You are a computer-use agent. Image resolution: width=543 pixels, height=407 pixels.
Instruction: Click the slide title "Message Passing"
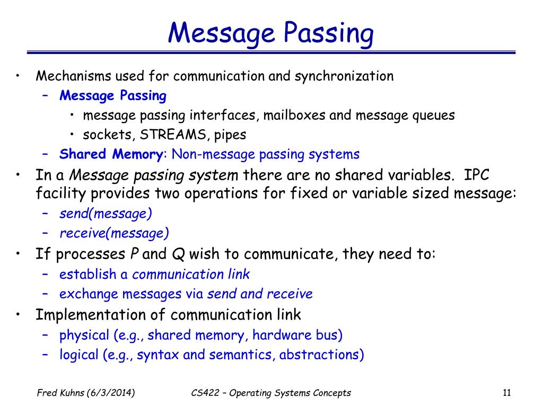click(271, 33)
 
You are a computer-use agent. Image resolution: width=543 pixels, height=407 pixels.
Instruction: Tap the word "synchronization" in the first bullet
click(344, 76)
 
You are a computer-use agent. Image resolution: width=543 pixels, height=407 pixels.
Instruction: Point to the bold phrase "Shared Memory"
click(111, 154)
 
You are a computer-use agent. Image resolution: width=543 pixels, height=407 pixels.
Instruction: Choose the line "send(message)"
click(106, 214)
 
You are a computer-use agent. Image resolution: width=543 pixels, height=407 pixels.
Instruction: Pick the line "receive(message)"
click(114, 233)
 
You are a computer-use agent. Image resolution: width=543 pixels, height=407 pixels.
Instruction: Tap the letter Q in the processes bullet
click(178, 254)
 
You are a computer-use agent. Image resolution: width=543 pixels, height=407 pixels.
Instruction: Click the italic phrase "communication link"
click(191, 274)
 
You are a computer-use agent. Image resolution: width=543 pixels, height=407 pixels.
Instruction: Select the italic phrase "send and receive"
click(260, 294)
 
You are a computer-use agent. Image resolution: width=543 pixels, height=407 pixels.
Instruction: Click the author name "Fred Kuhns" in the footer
click(58, 393)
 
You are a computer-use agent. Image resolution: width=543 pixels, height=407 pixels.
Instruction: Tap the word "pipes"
click(230, 135)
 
